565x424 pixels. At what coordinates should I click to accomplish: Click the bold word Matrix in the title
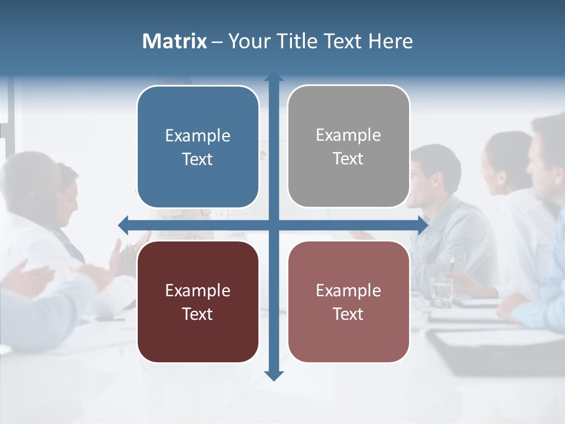click(174, 41)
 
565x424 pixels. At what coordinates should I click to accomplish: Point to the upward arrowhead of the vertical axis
click(274, 77)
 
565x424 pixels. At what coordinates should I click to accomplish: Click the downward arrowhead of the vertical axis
click(274, 376)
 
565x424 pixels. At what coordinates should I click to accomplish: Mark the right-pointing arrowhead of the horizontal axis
click(423, 225)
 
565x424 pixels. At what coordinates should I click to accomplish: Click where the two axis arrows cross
click(274, 225)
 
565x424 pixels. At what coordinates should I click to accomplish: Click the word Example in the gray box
click(348, 135)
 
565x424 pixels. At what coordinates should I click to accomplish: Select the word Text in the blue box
click(198, 159)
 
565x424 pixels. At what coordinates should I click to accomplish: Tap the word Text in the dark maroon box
click(198, 314)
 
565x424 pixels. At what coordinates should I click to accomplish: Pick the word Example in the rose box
click(348, 290)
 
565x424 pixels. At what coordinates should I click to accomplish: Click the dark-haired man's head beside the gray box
click(436, 171)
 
